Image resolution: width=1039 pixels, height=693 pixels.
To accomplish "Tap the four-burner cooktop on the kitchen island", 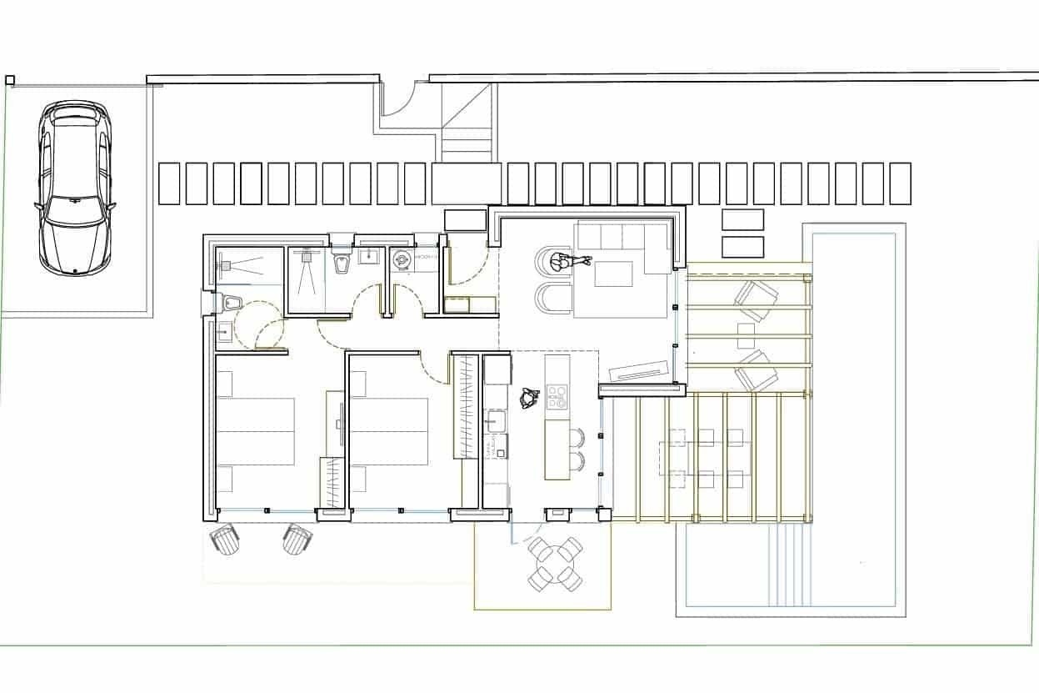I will [557, 397].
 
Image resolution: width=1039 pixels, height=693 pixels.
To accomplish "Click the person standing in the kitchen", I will [527, 399].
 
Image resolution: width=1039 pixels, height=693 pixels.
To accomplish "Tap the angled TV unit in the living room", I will [639, 370].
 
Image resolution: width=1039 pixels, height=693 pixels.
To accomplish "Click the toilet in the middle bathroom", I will [340, 263].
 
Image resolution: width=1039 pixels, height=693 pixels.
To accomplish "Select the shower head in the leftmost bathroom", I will [226, 265].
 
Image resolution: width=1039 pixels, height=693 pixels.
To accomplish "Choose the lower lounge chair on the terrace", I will [756, 371].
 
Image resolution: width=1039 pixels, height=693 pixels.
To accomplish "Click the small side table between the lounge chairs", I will [746, 335].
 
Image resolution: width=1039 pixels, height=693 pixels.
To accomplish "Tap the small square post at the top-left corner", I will [10, 80].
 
